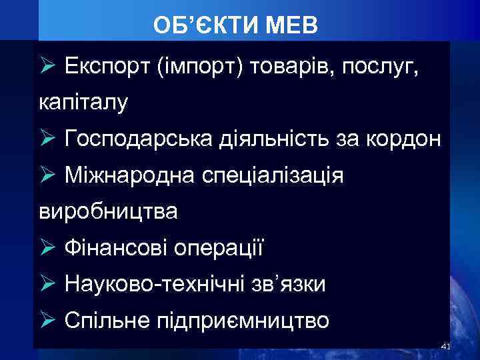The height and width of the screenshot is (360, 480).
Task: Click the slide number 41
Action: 446,346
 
